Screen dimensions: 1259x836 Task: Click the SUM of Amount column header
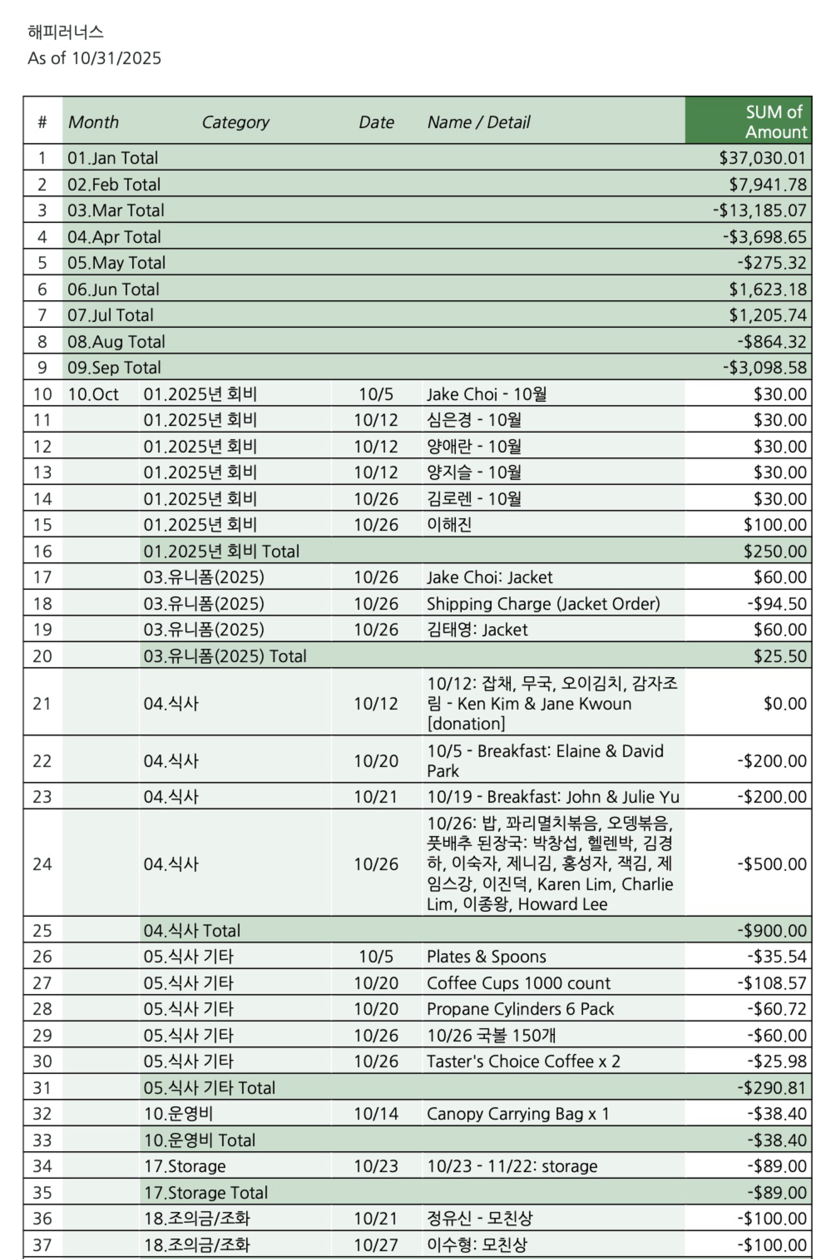coord(775,121)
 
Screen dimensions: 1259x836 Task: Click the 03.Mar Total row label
coord(116,210)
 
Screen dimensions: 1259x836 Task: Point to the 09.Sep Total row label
coord(114,367)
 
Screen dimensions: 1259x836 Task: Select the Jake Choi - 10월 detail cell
coord(486,394)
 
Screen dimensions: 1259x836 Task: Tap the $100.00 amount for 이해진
coord(775,524)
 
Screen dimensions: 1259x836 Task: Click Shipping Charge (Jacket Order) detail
coord(543,604)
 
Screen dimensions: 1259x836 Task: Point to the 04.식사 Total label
coord(192,930)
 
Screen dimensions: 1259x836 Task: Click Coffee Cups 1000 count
coord(518,982)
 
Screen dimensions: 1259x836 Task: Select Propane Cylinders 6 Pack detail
coord(520,1009)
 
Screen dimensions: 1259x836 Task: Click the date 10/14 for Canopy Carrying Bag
coord(376,1113)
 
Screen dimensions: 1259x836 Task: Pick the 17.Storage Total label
coord(206,1192)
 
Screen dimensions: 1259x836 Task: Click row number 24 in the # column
coord(42,863)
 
